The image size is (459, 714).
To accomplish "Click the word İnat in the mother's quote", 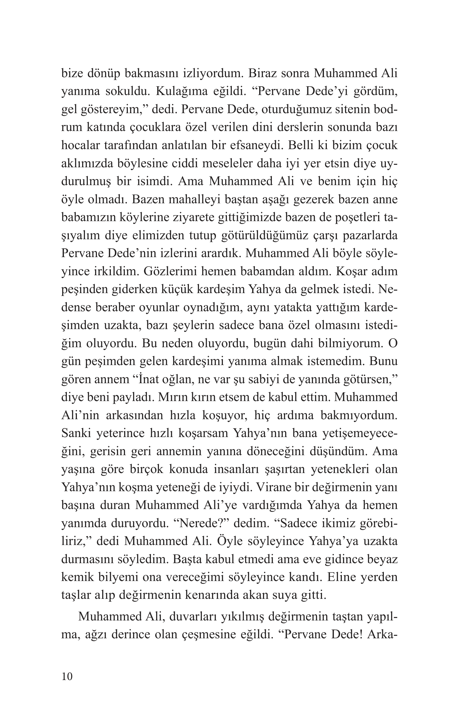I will (147, 380).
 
